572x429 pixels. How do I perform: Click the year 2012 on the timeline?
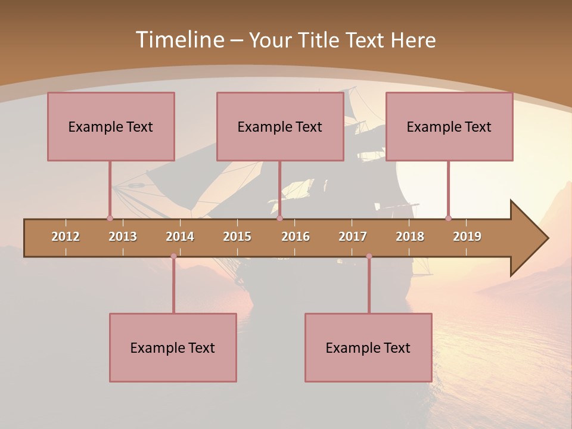tap(66, 237)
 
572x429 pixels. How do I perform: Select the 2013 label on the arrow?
tap(123, 237)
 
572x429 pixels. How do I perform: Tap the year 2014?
tap(180, 237)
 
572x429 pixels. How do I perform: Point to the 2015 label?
tap(237, 237)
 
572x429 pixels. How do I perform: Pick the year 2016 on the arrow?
tap(296, 237)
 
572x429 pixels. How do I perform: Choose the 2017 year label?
tap(353, 237)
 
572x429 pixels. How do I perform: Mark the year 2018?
tap(410, 237)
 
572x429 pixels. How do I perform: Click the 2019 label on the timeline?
tap(467, 237)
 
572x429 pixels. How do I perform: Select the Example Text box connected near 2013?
tap(111, 126)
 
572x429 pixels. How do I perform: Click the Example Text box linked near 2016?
tap(280, 126)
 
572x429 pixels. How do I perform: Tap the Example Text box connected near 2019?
tap(449, 126)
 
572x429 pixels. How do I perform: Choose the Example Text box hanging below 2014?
tap(173, 347)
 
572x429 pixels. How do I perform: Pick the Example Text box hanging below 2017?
tap(368, 347)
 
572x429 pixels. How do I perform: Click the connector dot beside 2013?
tap(110, 218)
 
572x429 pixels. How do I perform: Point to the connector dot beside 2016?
tap(279, 218)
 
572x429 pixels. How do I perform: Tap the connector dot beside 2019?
tap(448, 218)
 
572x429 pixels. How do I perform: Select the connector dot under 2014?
tap(173, 256)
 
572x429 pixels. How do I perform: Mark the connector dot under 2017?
tap(369, 256)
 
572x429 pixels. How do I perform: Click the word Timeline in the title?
tap(179, 40)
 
